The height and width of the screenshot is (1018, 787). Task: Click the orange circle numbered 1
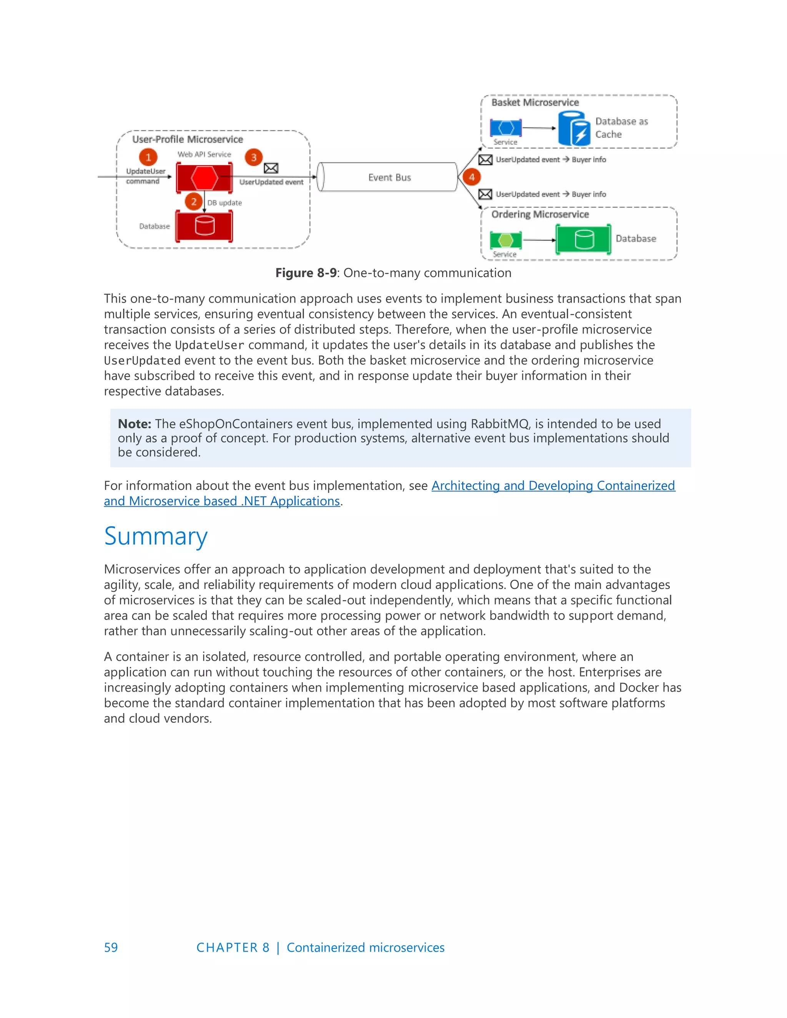click(x=148, y=157)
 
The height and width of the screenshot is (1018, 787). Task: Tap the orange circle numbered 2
click(x=194, y=202)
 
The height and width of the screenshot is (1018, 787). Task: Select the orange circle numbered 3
click(x=254, y=157)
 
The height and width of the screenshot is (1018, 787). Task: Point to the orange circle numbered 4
click(x=472, y=177)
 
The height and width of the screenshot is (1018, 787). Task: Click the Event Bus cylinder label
click(x=389, y=177)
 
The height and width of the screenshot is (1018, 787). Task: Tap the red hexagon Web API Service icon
click(x=204, y=177)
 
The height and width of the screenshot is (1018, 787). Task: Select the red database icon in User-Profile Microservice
click(x=204, y=226)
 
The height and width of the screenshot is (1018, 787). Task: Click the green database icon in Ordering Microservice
click(x=584, y=240)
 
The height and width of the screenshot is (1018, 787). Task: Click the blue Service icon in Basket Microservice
click(x=506, y=128)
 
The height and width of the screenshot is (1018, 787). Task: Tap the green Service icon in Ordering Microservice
click(x=506, y=240)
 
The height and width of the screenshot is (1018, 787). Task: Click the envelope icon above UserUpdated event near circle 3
click(x=271, y=168)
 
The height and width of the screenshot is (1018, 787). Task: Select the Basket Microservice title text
click(x=535, y=103)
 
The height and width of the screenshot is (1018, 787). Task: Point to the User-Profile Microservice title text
click(x=188, y=139)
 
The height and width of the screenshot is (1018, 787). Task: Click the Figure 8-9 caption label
click(x=306, y=273)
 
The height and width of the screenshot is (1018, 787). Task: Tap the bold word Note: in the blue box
click(x=134, y=424)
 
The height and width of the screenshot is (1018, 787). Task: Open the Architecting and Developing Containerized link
click(x=553, y=486)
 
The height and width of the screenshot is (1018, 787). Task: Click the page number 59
click(x=111, y=948)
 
